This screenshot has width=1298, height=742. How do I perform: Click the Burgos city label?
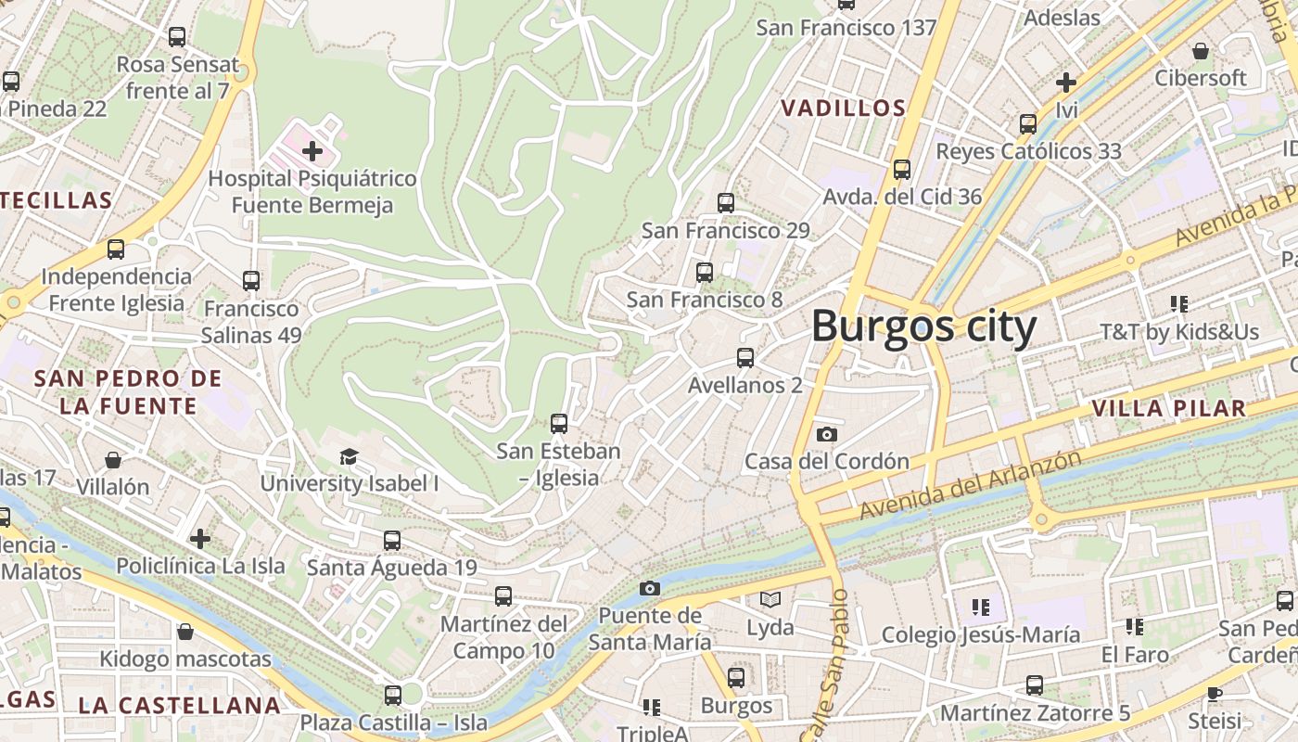click(x=923, y=327)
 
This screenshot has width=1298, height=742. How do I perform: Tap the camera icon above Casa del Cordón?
click(x=826, y=434)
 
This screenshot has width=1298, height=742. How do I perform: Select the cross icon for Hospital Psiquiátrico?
click(x=312, y=150)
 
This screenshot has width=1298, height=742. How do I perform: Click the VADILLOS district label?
click(x=843, y=108)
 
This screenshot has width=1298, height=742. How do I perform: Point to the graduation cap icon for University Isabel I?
click(x=349, y=456)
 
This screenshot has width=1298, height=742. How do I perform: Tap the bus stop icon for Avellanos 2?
click(x=744, y=357)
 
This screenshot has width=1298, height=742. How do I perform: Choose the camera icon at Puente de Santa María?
click(x=650, y=588)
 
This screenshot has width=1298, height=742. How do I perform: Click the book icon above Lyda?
click(x=770, y=600)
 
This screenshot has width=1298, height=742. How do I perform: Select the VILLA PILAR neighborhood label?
click(x=1168, y=408)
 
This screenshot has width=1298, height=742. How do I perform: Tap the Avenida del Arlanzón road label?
click(x=970, y=485)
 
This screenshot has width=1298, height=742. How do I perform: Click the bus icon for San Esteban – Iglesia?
click(x=558, y=424)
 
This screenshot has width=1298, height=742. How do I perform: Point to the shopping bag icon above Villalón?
click(x=112, y=460)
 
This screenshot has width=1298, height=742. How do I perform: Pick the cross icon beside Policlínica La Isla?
click(x=200, y=539)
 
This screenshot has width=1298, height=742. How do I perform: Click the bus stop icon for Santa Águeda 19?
click(x=392, y=541)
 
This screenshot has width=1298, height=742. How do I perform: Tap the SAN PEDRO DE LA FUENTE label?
click(x=128, y=391)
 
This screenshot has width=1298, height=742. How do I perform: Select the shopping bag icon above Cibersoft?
click(x=1201, y=51)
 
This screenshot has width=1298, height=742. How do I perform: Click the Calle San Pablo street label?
click(x=827, y=664)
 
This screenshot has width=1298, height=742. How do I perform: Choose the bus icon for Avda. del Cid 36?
click(x=902, y=170)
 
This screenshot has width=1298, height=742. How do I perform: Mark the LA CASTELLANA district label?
click(x=179, y=705)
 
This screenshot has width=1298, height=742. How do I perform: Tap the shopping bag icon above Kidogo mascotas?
click(x=185, y=633)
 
